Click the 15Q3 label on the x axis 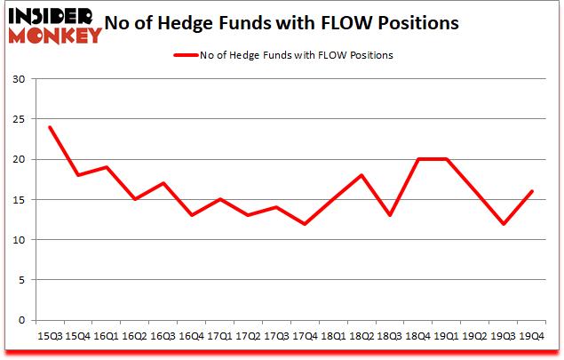(x=50, y=337)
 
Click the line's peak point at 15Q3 (x=50, y=127)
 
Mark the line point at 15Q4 (x=78, y=175)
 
